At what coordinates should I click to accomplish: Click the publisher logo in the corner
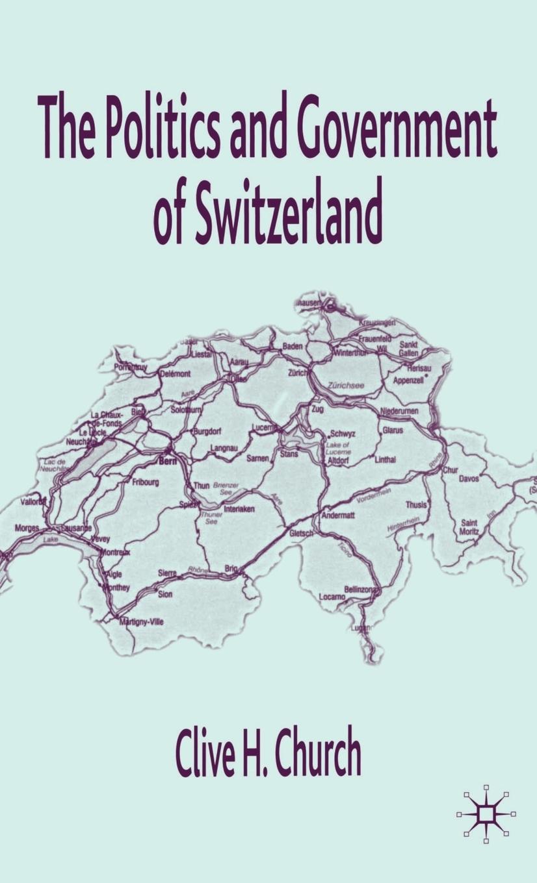[485, 814]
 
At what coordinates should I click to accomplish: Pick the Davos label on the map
[469, 479]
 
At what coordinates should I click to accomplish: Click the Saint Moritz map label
[469, 527]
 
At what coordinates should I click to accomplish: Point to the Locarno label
[332, 596]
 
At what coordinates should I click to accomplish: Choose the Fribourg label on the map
[146, 482]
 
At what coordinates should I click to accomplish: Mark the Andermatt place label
[338, 516]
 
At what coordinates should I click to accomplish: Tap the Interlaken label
[239, 509]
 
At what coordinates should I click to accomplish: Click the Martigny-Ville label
[142, 621]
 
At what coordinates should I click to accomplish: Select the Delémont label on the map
[176, 374]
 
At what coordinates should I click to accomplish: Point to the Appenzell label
[408, 380]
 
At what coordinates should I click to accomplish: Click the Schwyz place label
[343, 434]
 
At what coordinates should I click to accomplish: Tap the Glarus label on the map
[393, 430]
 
